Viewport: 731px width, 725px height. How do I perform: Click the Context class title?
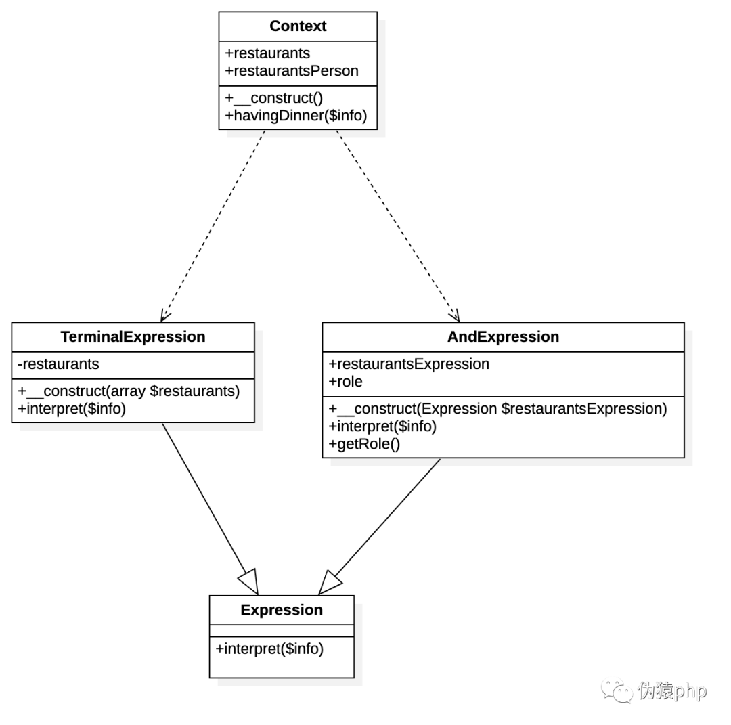(298, 26)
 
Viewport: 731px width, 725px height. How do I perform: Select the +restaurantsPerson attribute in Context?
(292, 71)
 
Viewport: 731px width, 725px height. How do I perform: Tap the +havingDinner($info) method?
(296, 116)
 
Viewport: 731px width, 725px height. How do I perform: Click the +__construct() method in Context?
(273, 98)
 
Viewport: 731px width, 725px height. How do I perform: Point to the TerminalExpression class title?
(133, 336)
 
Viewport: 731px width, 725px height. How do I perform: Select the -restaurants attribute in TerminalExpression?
(58, 364)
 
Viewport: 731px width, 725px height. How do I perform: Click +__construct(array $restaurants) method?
(129, 391)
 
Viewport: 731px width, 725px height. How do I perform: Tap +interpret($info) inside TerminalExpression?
(72, 409)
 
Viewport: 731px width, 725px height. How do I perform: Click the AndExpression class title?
(503, 336)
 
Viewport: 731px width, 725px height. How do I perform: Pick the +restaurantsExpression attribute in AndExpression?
(409, 364)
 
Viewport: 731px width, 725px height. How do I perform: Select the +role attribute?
(345, 381)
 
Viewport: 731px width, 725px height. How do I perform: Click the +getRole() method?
(364, 444)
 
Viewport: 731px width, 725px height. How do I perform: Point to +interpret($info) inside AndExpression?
(382, 426)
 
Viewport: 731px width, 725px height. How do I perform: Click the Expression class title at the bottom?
(282, 610)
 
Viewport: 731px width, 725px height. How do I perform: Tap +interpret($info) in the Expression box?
(269, 649)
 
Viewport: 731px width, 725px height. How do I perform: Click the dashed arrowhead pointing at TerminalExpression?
(165, 315)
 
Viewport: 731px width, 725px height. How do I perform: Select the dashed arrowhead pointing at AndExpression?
(455, 315)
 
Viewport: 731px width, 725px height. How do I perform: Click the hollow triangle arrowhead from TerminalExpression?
(249, 582)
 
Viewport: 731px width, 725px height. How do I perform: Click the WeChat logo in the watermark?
(617, 690)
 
